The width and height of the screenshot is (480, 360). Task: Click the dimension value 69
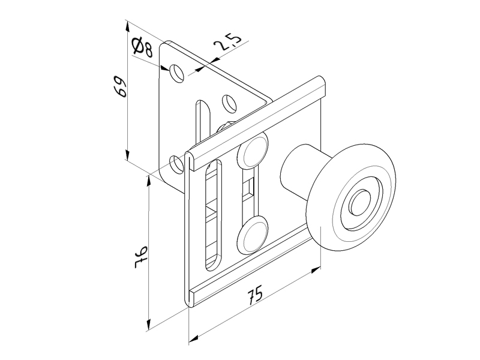pos(120,87)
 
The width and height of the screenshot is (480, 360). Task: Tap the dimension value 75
pos(255,295)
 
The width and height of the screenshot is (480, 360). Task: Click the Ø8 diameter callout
pos(142,46)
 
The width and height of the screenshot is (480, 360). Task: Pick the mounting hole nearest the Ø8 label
pos(177,73)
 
